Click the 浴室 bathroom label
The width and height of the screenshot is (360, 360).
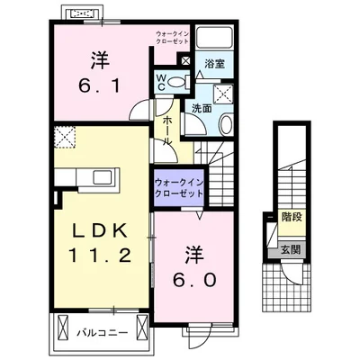point(213,65)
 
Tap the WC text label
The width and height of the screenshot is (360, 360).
point(161,83)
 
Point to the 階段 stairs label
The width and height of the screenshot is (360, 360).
point(290,216)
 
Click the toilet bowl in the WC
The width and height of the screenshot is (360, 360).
point(177,84)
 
